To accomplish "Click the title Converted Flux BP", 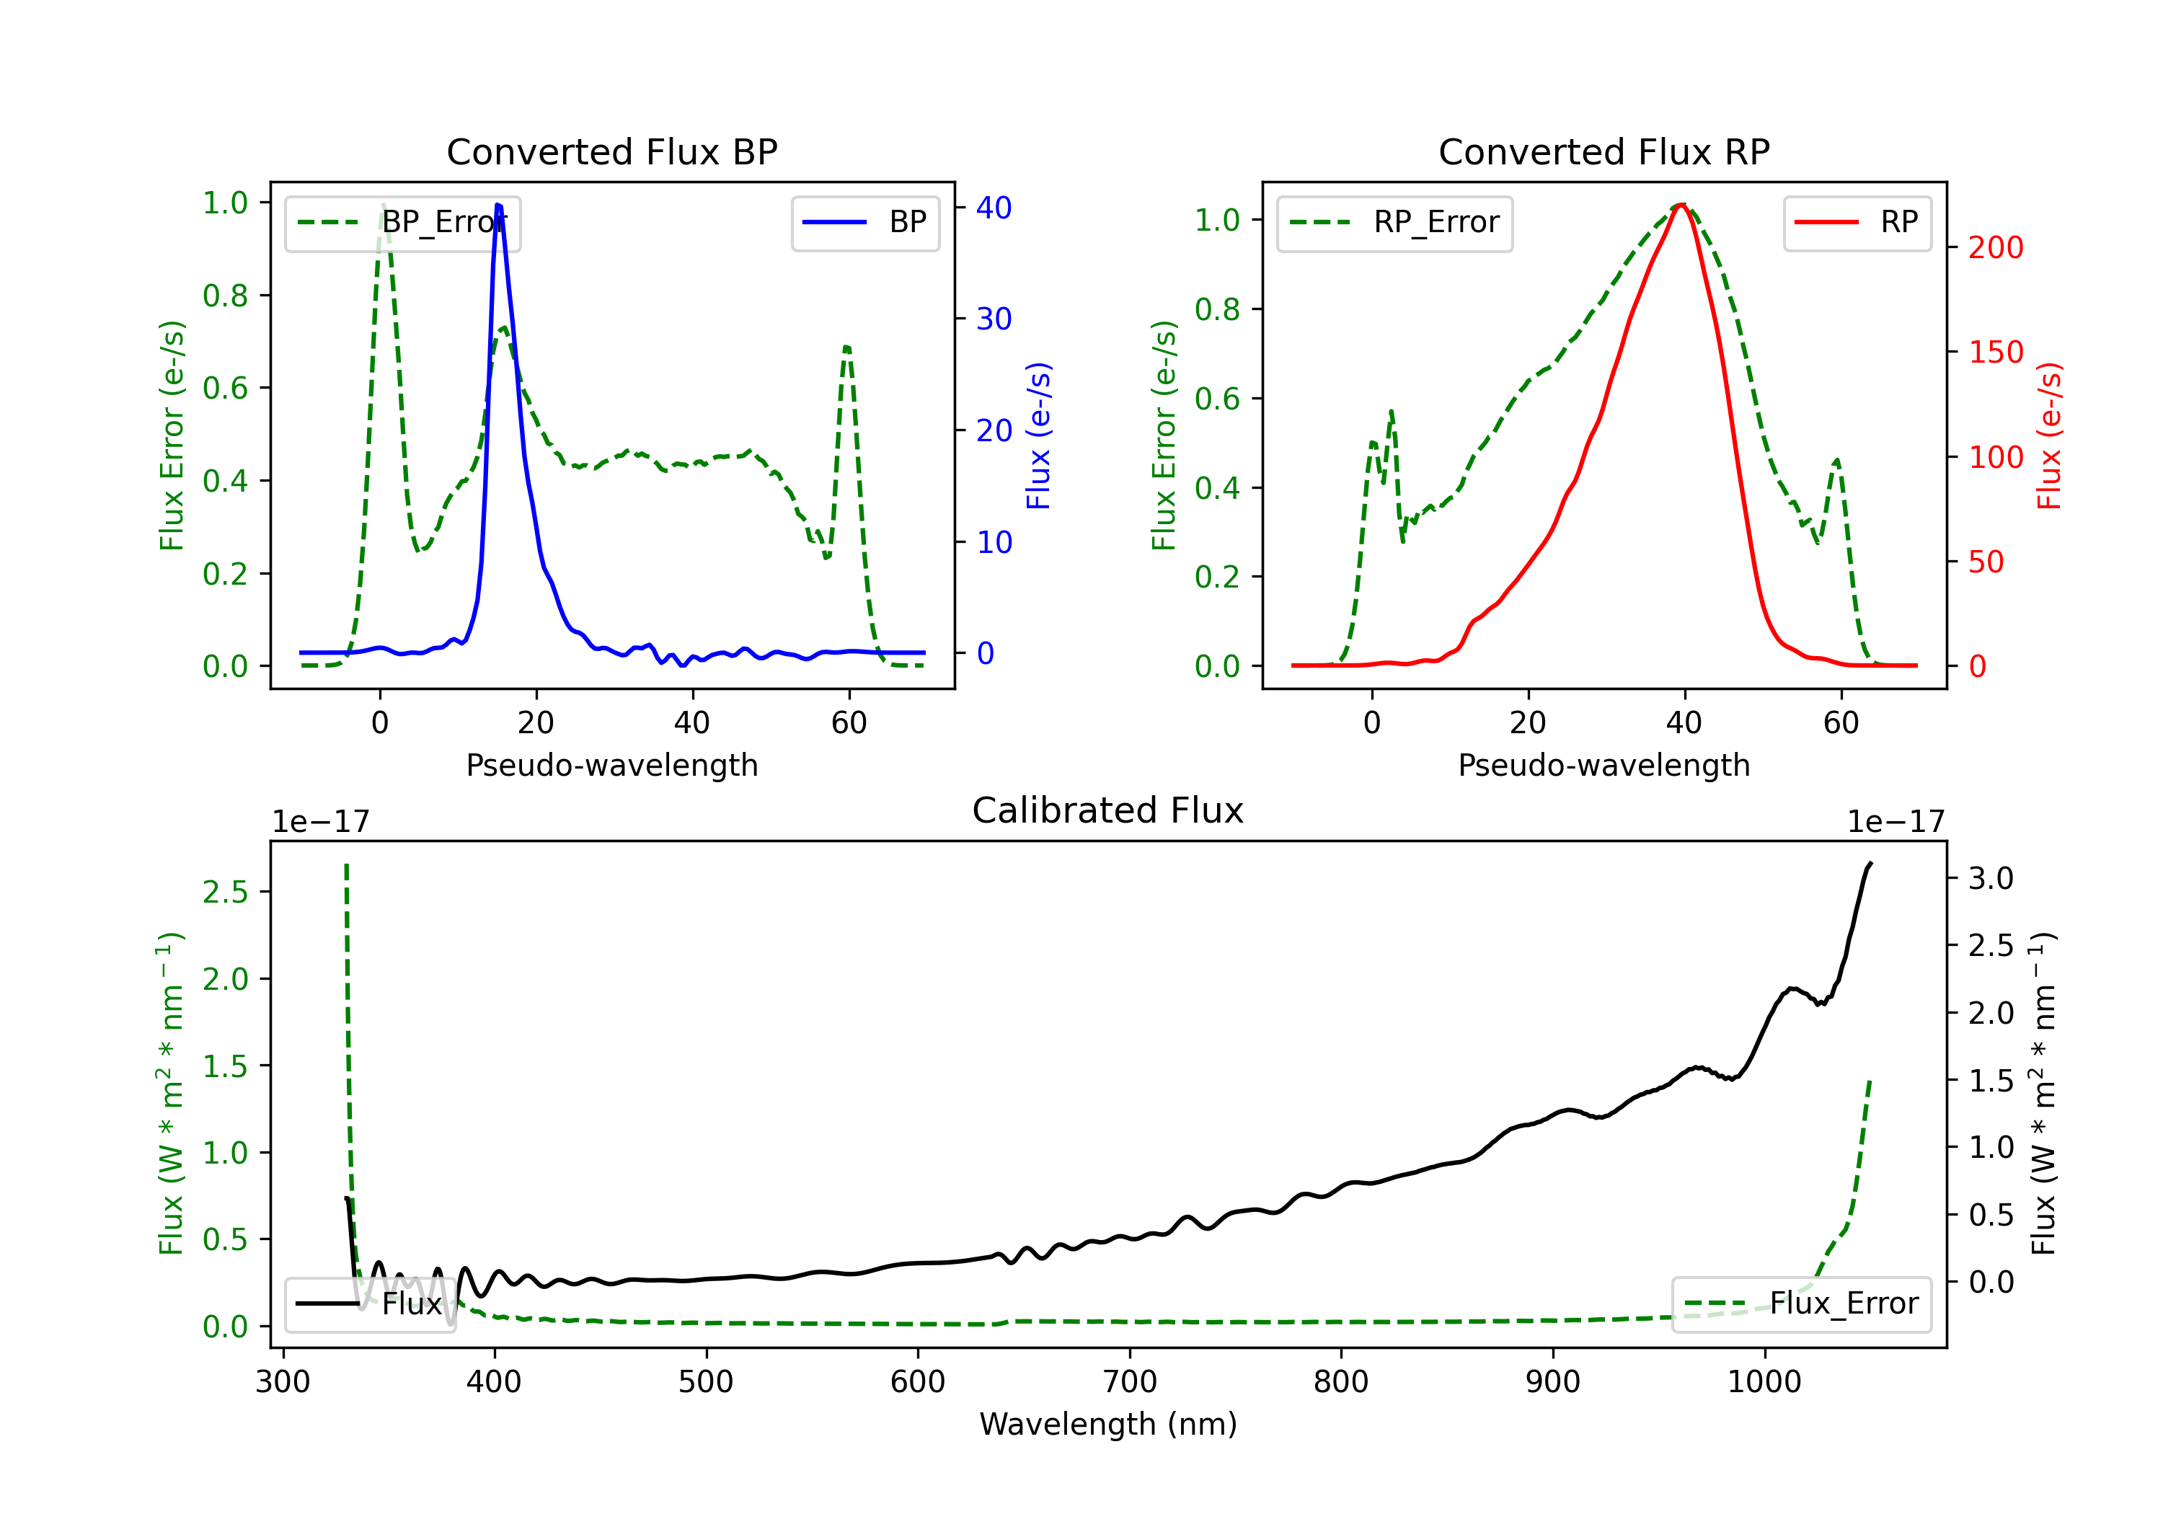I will tap(611, 151).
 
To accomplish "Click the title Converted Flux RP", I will tap(1604, 151).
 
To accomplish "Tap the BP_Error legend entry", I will tap(402, 222).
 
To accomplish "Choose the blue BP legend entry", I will tap(864, 222).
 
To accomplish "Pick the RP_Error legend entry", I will tap(1394, 222).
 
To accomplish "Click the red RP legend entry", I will tap(1856, 222).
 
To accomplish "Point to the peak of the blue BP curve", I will tap(498, 205).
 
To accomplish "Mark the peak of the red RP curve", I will tap(1681, 205).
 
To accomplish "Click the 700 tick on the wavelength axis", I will tap(1130, 1381).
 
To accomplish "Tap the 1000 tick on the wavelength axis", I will tap(1764, 1381).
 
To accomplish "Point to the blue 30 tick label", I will tap(994, 319).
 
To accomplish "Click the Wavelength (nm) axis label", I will tap(1108, 1424).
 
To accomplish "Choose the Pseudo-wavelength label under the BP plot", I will tap(611, 765).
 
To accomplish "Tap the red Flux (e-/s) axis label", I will tap(2049, 435).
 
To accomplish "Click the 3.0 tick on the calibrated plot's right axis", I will tap(1991, 878).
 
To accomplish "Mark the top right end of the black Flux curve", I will tap(1870, 863).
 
